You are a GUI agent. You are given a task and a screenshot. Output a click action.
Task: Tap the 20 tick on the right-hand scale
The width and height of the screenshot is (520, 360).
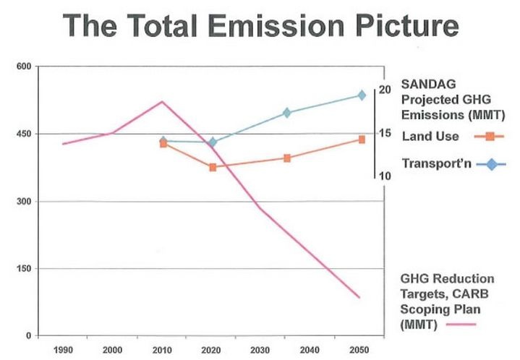click(385, 90)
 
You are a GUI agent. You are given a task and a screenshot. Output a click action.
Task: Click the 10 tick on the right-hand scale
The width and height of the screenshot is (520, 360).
click(385, 176)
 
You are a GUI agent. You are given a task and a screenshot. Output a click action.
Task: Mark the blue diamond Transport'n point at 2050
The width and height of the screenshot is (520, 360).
click(362, 95)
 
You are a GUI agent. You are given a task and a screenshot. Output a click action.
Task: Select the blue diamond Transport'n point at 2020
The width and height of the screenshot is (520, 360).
click(213, 142)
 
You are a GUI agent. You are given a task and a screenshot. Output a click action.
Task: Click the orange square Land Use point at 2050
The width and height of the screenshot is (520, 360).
click(362, 140)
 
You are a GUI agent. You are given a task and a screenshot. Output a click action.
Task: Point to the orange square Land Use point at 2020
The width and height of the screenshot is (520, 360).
click(213, 167)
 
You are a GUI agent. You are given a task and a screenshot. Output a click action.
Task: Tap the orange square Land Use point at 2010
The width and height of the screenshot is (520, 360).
click(163, 144)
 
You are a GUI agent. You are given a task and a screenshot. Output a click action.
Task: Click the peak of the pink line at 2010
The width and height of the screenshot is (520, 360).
click(162, 101)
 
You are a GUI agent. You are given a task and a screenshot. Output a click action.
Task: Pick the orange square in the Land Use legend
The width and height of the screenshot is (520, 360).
click(490, 136)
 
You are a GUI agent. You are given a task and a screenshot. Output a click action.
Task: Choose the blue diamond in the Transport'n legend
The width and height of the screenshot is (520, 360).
click(492, 164)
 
